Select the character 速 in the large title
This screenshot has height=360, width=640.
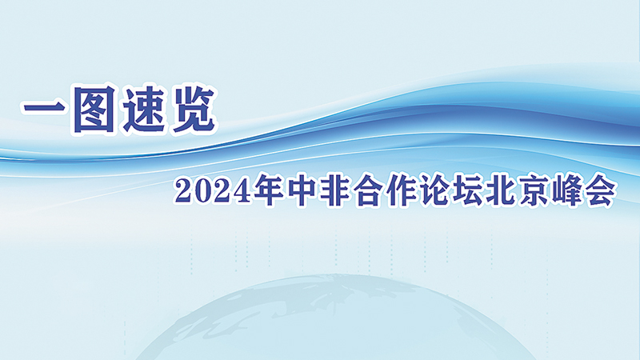[x=145, y=109]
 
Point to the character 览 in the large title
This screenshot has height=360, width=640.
[x=194, y=109]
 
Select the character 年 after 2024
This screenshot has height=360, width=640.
[x=268, y=191]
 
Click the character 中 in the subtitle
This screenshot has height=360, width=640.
[x=301, y=191]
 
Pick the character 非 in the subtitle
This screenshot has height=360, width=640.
[x=334, y=191]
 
